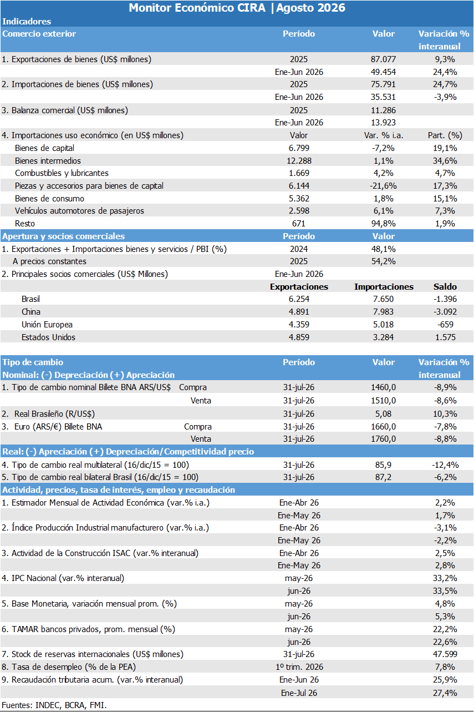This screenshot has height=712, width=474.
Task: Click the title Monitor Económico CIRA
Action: [197, 8]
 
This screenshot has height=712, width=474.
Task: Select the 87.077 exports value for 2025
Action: [383, 59]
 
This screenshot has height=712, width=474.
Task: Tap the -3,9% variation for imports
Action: [445, 97]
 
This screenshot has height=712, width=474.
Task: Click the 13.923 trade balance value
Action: [383, 123]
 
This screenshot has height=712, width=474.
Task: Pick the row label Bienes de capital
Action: [44, 148]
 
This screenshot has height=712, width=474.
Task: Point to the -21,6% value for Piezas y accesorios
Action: [383, 185]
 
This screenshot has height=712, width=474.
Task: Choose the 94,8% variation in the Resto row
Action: [383, 224]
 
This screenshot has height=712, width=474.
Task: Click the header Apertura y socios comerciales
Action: [64, 236]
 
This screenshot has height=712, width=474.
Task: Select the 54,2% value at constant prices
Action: [383, 261]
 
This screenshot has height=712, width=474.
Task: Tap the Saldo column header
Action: [445, 287]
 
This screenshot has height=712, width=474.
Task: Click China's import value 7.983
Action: [383, 311]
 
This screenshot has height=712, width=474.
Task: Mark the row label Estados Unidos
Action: [48, 337]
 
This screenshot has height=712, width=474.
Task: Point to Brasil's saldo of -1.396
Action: [445, 299]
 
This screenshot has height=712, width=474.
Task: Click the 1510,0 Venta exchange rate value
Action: [383, 401]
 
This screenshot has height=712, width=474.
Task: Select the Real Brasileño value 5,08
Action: [383, 414]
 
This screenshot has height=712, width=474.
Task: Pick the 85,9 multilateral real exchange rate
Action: [383, 464]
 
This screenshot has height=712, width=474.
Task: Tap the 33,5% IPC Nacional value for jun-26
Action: [445, 591]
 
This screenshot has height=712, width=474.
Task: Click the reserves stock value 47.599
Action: [445, 654]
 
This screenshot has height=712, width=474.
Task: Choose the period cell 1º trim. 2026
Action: [299, 667]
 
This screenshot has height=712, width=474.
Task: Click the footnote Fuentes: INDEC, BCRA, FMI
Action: [54, 705]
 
